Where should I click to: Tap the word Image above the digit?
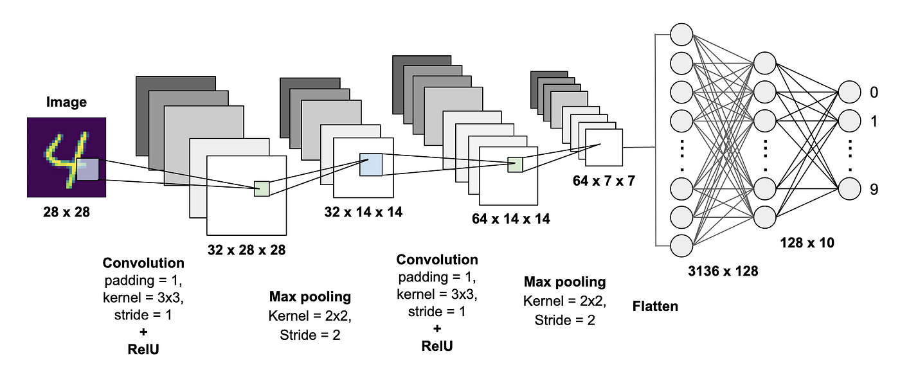coord(66,103)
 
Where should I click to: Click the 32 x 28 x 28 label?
coord(247,249)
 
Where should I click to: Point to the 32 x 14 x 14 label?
coord(364,211)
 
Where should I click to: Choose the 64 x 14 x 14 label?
coord(511,218)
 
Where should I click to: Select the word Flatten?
coord(655,306)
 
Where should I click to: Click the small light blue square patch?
coord(371,165)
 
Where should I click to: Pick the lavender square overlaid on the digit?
coord(88,170)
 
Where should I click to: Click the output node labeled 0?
coord(849,93)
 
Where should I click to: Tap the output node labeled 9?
coord(849,188)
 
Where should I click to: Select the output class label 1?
coord(873,121)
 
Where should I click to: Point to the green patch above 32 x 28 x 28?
coord(262,188)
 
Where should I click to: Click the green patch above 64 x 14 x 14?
coord(515,165)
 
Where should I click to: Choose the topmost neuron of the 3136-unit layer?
coord(681,34)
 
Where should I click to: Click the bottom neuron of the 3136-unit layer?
coord(681,245)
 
